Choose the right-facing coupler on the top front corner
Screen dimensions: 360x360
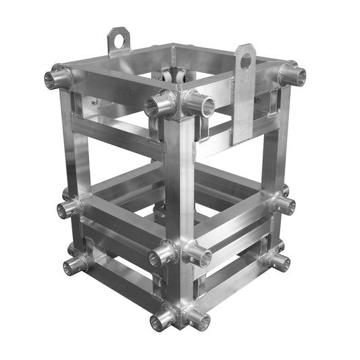coord(200,105)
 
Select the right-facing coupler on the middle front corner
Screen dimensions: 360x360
coord(197,255)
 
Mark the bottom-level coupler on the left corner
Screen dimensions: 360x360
coord(76,263)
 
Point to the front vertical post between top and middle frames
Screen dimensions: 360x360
coord(180,182)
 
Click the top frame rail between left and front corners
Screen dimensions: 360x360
coord(108,88)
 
